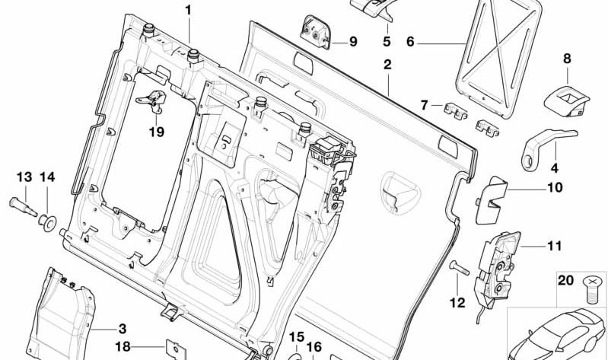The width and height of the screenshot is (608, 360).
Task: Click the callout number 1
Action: pos(189,11)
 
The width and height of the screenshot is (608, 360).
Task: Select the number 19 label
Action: pos(156,132)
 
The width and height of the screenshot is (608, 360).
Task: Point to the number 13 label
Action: pos(24,177)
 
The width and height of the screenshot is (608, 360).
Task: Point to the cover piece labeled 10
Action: pos(495,199)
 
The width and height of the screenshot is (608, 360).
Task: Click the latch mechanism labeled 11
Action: pos(498,263)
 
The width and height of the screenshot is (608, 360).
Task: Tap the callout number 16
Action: pos(314,347)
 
